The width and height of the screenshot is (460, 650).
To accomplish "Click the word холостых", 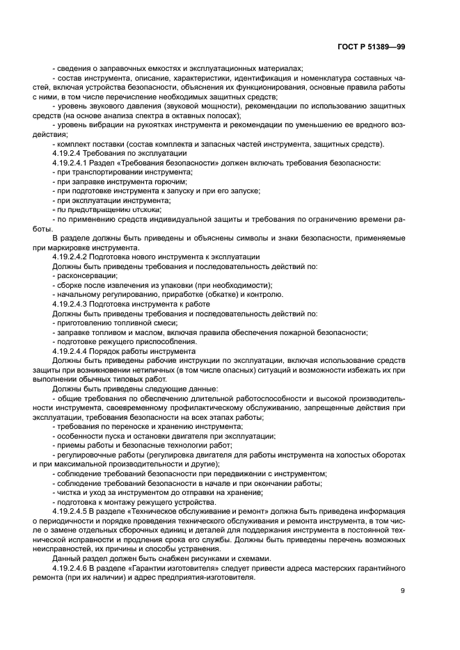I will pyautogui.click(x=349, y=455).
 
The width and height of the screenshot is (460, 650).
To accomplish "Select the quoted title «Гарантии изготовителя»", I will pyautogui.click(x=166, y=568).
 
